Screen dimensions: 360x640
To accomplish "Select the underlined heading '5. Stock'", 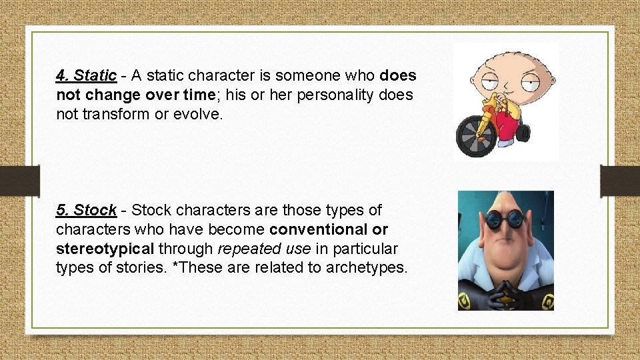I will pos(87,211).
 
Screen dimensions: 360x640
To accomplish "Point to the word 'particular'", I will pos(365,249).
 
